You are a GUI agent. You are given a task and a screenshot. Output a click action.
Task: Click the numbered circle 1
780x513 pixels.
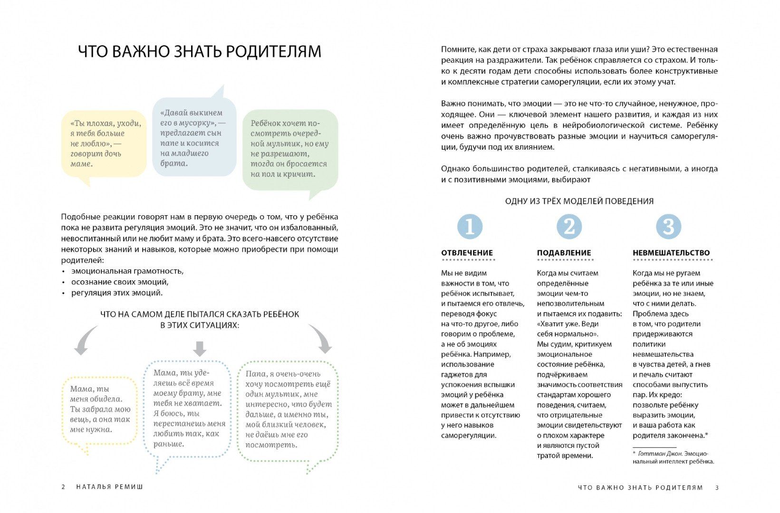[470, 227]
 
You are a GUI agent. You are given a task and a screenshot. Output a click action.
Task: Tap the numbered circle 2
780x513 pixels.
[569, 227]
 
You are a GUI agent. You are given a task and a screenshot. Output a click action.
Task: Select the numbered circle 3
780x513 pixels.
[668, 227]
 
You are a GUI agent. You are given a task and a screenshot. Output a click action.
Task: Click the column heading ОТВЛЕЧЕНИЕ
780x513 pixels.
[467, 253]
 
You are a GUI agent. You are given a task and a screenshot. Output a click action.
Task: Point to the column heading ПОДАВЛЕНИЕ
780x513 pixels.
[564, 253]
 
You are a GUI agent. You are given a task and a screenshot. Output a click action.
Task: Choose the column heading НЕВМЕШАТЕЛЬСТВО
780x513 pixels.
[671, 253]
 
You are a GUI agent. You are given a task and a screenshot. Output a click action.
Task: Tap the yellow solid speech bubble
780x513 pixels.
[104, 144]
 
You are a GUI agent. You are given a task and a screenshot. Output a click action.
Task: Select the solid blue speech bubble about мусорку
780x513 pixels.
[194, 138]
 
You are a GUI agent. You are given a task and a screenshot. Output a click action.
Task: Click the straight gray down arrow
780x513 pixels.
[200, 348]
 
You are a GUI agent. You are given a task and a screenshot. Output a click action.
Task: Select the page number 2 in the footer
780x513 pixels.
[63, 487]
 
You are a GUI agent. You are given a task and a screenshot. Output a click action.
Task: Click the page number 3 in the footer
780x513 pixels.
[717, 488]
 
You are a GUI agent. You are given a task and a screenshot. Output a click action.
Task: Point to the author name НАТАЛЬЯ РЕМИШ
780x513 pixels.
[109, 487]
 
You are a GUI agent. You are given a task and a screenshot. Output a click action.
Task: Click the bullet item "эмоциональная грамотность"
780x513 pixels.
[127, 271]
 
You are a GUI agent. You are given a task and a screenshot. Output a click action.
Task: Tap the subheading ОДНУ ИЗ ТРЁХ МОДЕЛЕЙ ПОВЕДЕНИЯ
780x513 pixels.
[579, 201]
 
